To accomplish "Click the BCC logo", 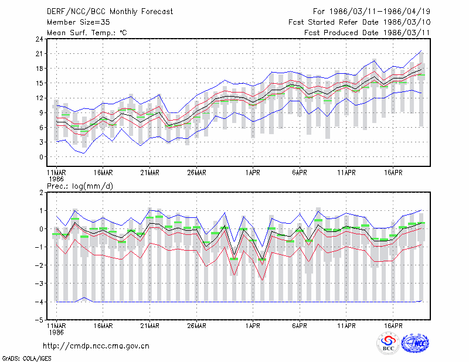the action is click(388, 343).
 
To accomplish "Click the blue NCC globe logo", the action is click(415, 343).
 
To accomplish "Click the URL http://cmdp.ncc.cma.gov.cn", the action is click(96, 346).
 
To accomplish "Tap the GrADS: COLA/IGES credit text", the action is click(26, 358).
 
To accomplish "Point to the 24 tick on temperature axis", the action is click(39, 39).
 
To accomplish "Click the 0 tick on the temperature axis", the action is click(41, 157).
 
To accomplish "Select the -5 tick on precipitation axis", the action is click(39, 320).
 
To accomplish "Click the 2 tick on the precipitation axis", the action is click(41, 192).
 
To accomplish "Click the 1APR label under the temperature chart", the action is click(253, 173).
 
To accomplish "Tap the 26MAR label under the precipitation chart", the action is click(196, 326).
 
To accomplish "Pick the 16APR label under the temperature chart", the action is click(393, 173).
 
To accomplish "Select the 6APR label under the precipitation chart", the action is click(300, 326).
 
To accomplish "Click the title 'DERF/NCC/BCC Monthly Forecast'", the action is click(110, 12).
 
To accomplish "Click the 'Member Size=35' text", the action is click(79, 22).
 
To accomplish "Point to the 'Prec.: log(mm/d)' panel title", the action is click(80, 186).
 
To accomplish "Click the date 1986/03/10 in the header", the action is click(407, 22).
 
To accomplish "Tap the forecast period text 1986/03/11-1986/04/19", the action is click(380, 12).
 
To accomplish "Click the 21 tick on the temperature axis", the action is click(39, 54).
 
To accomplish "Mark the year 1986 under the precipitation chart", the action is click(56, 332).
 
